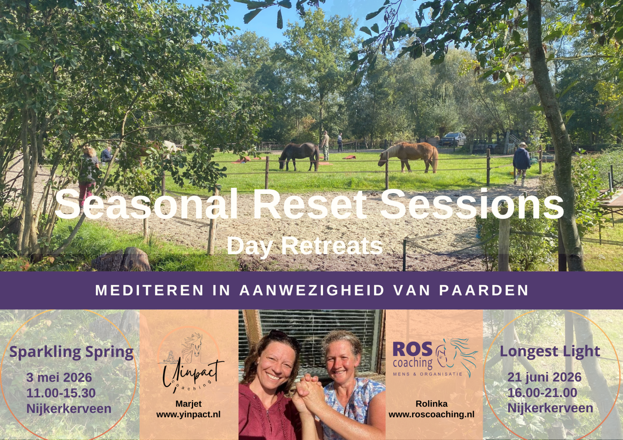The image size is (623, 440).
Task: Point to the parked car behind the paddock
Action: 453,139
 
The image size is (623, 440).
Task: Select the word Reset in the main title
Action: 310,205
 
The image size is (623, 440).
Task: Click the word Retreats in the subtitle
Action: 332,246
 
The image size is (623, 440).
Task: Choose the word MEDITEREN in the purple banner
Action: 150,290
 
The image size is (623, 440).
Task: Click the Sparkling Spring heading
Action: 71,352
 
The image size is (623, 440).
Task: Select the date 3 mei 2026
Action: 59,377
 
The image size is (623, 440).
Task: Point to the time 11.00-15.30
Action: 61,393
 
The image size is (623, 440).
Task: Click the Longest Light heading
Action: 550,351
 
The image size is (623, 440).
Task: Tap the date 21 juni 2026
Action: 544,377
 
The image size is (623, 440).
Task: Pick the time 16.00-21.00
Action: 542,393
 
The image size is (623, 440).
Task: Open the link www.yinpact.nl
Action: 188,414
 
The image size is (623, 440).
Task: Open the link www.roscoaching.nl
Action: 431,414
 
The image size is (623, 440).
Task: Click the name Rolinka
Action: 431,404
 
